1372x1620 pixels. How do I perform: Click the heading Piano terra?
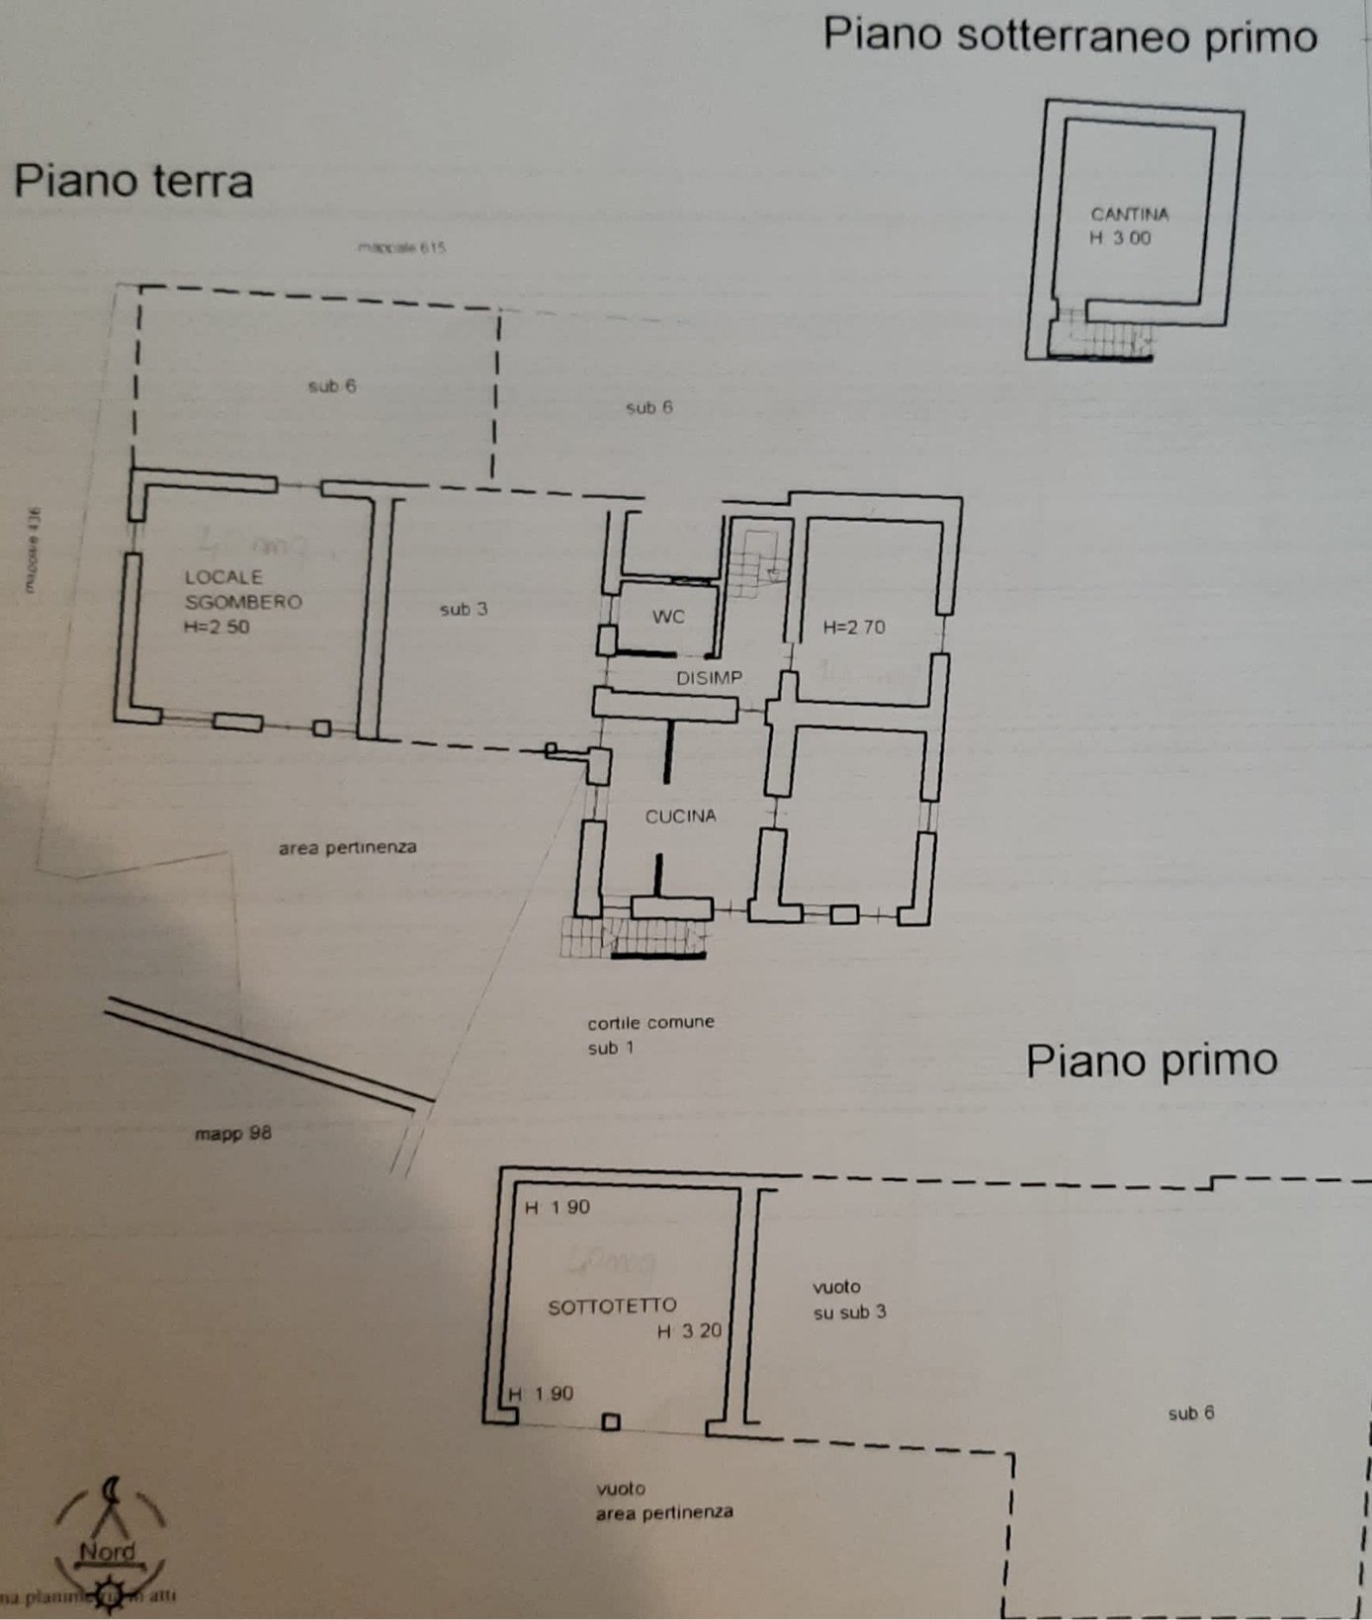133,182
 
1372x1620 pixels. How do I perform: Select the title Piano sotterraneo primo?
1070,37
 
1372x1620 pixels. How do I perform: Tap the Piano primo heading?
1152,1061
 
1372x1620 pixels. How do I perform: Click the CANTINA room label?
1129,214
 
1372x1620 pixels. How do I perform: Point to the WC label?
668,617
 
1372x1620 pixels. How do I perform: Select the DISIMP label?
709,678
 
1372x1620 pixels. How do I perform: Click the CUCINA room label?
680,816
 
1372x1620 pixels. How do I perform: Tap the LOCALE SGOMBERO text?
242,590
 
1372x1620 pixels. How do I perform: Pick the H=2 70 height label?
854,627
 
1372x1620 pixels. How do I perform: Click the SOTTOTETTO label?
612,1307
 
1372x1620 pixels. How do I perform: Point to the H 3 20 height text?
689,1331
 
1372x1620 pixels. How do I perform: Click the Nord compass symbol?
109,1542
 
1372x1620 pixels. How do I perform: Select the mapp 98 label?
232,1133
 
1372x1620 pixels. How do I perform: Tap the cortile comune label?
650,1022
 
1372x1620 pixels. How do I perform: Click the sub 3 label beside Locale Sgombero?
463,609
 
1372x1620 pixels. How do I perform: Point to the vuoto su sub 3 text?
848,1300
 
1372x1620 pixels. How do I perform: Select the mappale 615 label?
401,247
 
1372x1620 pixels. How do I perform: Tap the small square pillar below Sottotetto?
611,1422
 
